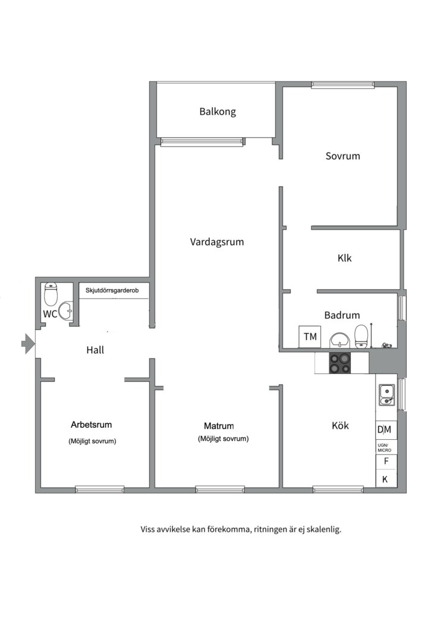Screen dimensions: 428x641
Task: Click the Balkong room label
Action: (218, 112)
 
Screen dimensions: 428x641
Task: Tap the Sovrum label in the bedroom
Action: (343, 156)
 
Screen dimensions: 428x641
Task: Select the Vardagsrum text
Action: (216, 242)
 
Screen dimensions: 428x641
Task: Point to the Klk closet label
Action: (344, 258)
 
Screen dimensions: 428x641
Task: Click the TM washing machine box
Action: (310, 337)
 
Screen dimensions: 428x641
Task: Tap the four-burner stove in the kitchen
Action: (340, 363)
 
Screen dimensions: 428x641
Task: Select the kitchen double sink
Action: (386, 395)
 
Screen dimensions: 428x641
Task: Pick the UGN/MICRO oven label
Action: (384, 448)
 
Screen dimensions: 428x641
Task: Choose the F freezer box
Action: (386, 462)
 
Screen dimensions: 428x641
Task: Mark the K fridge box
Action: (385, 479)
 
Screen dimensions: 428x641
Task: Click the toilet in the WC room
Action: (51, 294)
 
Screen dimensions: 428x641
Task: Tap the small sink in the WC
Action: (65, 311)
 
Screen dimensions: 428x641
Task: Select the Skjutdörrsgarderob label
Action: (112, 291)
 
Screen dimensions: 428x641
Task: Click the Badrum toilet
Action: (361, 335)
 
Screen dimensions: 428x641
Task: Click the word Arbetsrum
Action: (92, 425)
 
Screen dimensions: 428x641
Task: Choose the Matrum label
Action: (219, 426)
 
